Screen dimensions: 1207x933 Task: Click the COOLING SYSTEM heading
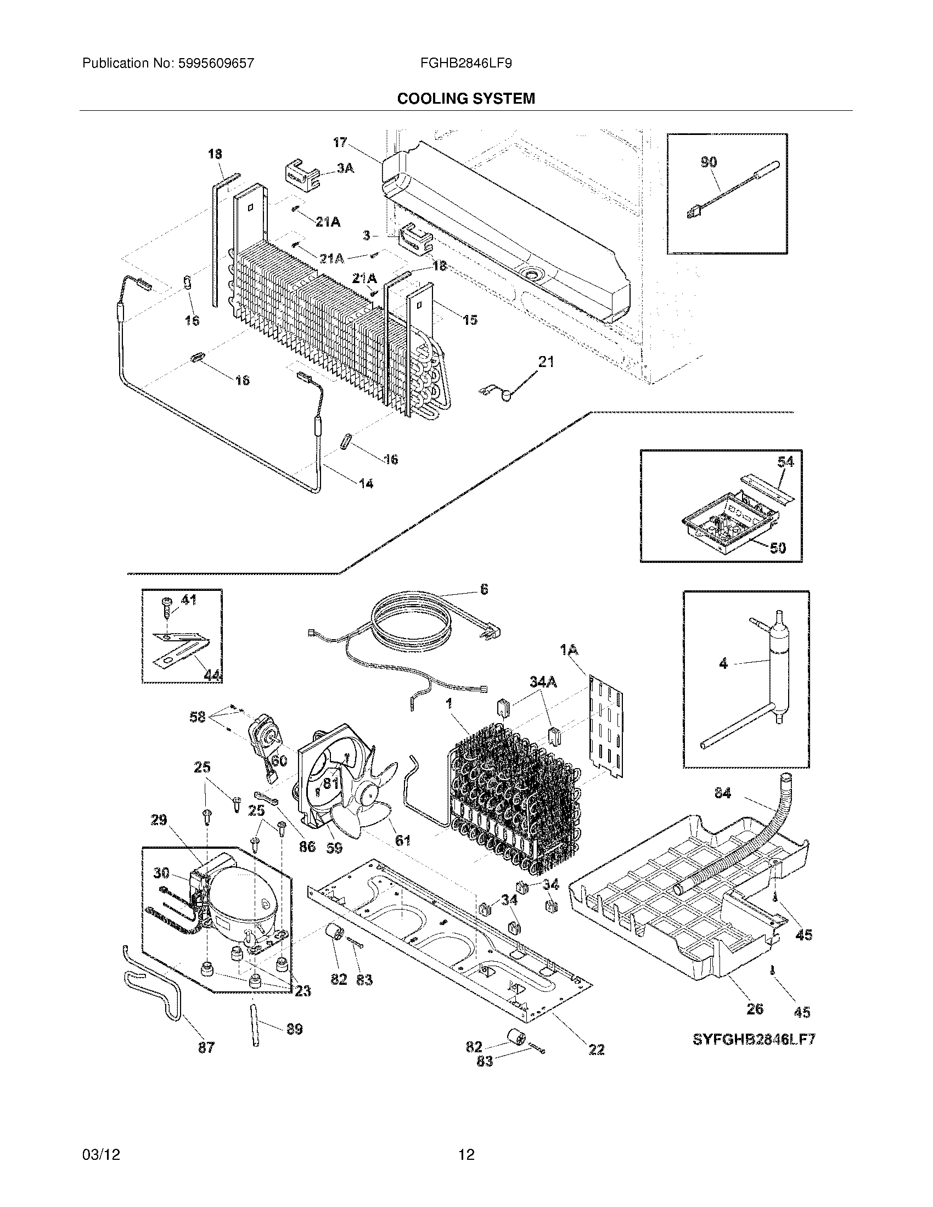466,99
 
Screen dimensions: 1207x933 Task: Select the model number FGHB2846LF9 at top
466,64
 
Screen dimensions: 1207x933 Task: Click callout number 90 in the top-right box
709,162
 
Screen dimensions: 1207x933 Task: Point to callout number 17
340,143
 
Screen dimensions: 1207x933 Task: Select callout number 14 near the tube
366,483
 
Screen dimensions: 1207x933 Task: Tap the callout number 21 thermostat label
546,362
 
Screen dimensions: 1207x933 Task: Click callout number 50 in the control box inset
778,548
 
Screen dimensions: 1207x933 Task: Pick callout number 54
785,461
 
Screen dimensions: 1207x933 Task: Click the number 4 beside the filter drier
723,664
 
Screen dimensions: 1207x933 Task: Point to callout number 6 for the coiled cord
484,590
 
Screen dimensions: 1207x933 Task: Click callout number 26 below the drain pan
755,1008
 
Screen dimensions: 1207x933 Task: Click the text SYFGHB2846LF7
754,1039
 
